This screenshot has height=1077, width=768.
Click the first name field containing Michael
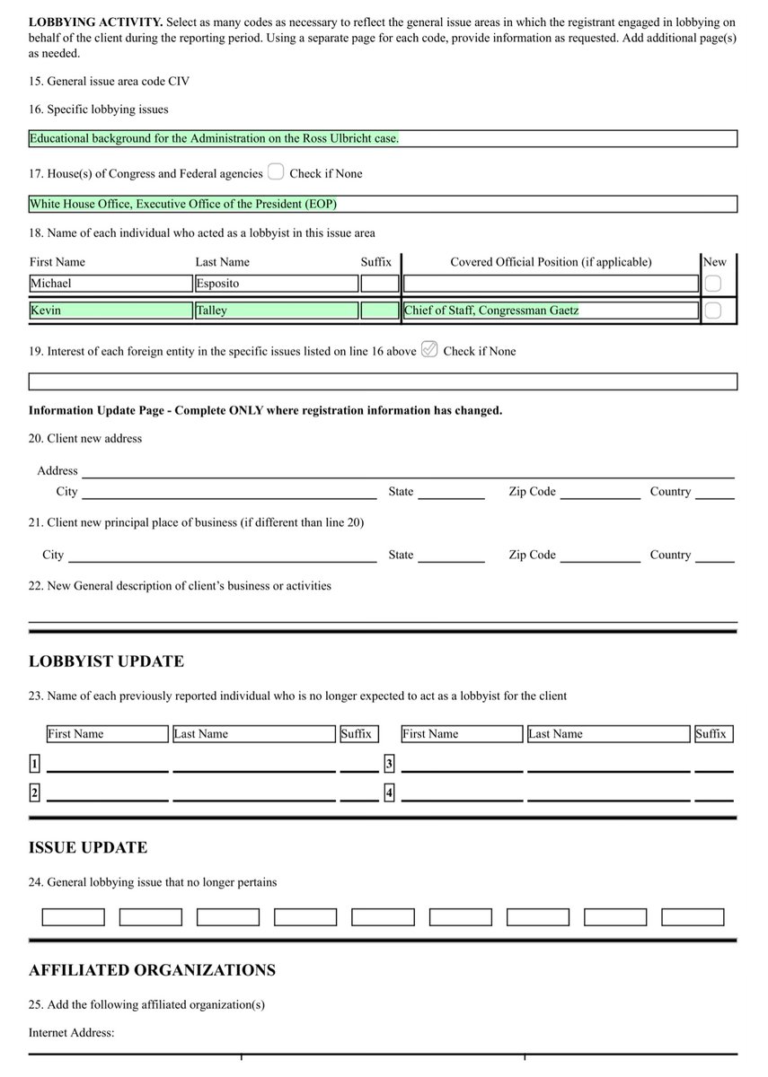(110, 284)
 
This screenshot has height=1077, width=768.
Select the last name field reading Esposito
(276, 284)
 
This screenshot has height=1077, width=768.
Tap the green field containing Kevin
(110, 311)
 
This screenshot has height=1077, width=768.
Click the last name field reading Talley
(276, 311)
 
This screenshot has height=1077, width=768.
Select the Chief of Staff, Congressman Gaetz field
(550, 311)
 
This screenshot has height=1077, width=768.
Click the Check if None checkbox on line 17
(276, 172)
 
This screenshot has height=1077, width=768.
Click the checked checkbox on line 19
(429, 350)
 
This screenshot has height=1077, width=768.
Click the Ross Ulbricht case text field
(383, 139)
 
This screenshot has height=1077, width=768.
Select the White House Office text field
(383, 204)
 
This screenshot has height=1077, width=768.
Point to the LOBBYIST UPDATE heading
(106, 661)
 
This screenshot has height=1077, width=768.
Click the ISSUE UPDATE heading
(88, 847)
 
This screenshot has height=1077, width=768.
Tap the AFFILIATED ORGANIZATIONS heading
(152, 970)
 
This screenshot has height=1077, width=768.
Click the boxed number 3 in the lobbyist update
(389, 765)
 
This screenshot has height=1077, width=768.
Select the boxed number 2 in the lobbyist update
(34, 792)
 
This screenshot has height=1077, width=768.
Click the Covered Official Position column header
(551, 262)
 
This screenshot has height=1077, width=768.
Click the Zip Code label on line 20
(532, 492)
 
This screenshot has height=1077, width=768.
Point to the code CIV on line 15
(179, 82)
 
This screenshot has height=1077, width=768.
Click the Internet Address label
(71, 1033)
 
